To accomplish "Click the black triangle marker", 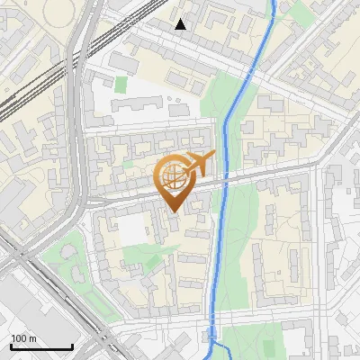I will tap(181, 24).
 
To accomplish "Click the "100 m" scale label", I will tap(23, 338).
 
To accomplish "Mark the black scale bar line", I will tap(41, 347).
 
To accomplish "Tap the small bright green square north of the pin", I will tap(121, 85).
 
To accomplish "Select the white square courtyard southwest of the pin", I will tap(132, 230).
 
